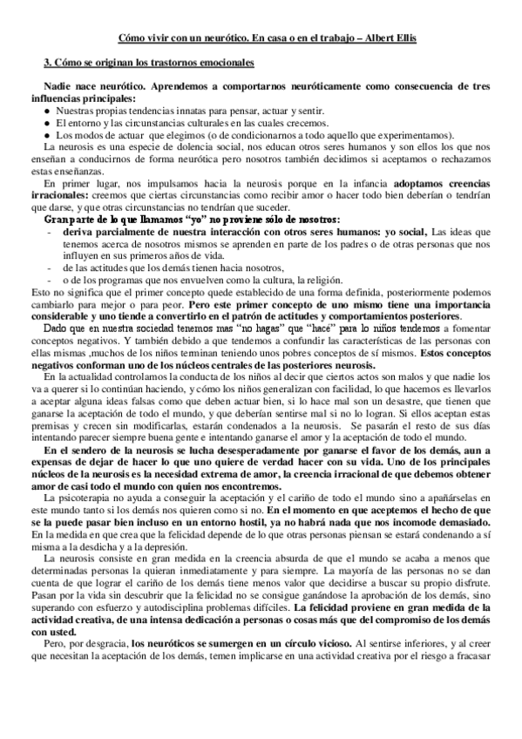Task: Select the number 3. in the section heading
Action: (x=48, y=64)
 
